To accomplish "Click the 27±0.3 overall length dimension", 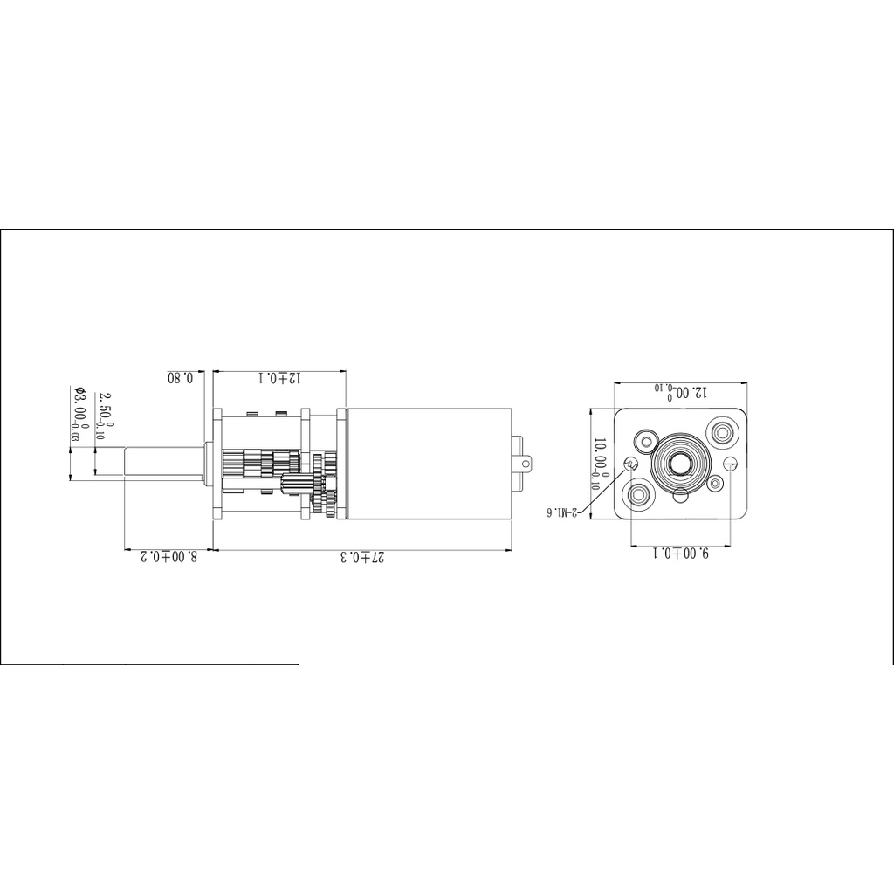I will (361, 556).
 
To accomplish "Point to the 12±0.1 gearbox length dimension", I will (279, 378).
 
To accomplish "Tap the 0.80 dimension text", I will (185, 378).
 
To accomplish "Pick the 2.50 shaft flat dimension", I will (103, 416).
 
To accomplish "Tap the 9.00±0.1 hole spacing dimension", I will (680, 554).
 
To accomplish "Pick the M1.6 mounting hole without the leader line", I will (732, 463).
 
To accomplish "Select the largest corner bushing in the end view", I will (723, 430).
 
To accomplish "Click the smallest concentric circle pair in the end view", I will (716, 482).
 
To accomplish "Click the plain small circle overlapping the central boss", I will (680, 497).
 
